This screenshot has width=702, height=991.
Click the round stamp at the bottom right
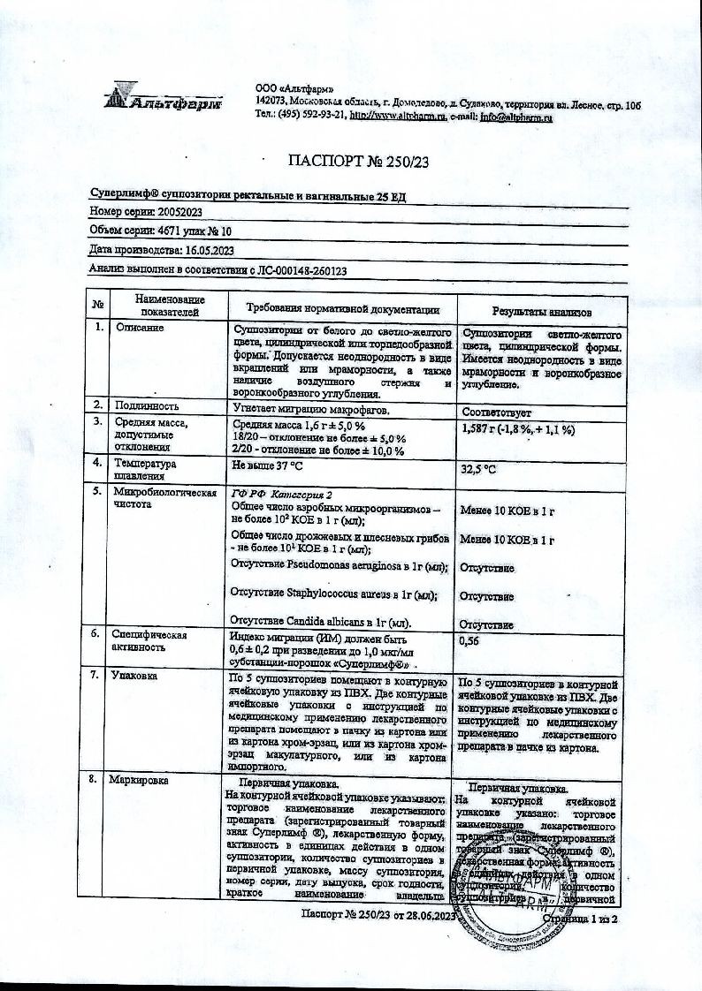tap(512, 883)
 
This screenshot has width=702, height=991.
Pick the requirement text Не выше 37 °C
tap(267, 464)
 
